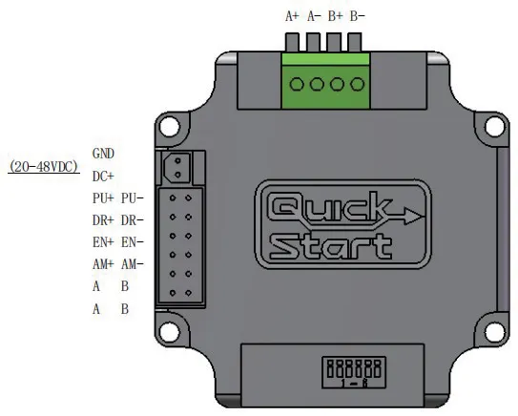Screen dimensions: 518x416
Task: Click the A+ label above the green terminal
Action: [x=292, y=16]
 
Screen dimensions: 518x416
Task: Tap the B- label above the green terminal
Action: [x=358, y=16]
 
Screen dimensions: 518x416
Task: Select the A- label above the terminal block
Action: [x=314, y=16]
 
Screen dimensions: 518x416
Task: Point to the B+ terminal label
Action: [x=335, y=16]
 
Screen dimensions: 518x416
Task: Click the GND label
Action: [x=103, y=154]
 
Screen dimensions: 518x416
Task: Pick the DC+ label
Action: [x=103, y=177]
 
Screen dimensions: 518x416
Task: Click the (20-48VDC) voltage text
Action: [x=44, y=167]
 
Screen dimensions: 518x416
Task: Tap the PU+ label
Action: [x=103, y=198]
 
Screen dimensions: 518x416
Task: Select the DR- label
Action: [x=133, y=220]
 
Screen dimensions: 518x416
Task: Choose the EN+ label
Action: [x=103, y=242]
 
